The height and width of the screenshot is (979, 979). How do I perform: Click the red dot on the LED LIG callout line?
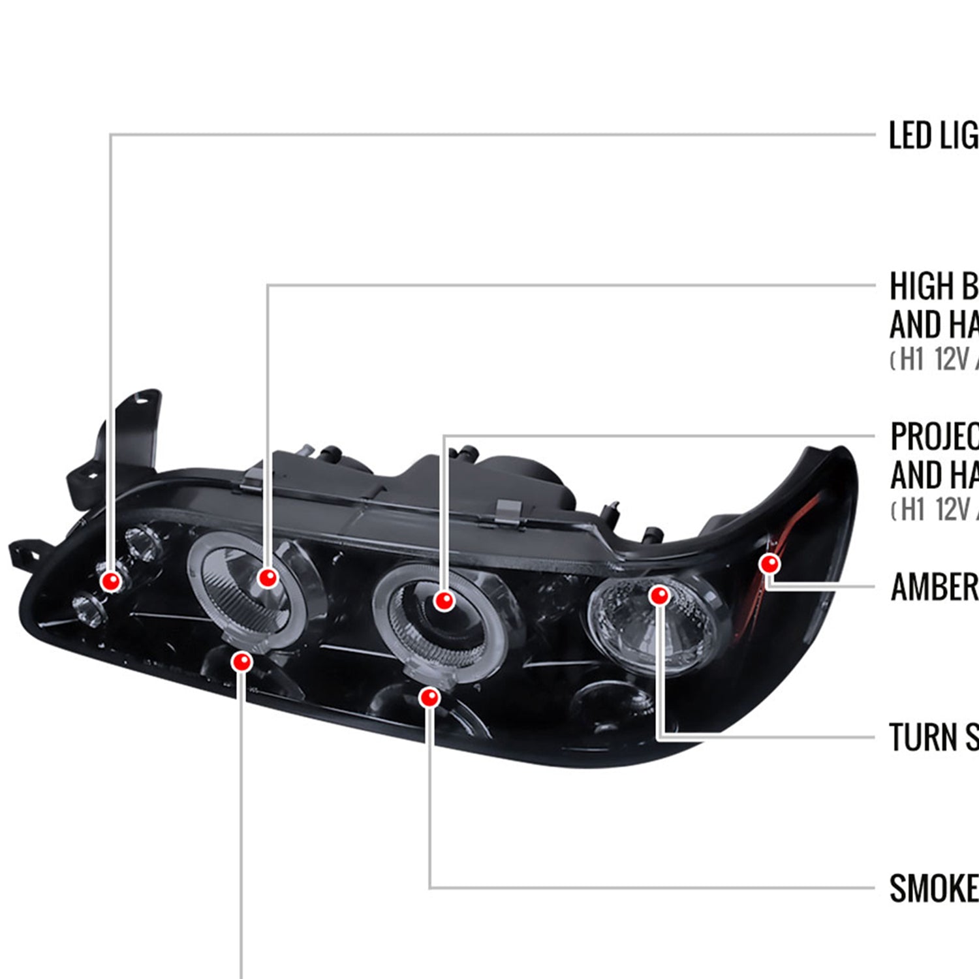(111, 580)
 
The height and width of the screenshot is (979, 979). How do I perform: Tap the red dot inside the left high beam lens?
(268, 577)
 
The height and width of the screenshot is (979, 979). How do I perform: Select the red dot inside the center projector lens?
(444, 600)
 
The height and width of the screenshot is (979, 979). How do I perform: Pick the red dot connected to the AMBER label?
(770, 563)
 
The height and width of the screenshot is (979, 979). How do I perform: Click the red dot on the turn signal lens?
(660, 595)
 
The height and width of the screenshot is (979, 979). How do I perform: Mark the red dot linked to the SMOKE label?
(429, 698)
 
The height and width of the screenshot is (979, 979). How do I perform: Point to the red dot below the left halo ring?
(241, 662)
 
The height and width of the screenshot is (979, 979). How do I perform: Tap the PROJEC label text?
(933, 436)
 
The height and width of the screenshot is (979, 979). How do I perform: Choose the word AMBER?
(933, 587)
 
